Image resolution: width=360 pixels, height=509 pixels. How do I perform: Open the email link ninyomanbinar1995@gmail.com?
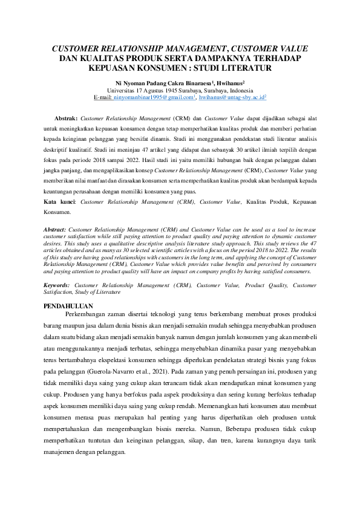pyautogui.click(x=154, y=97)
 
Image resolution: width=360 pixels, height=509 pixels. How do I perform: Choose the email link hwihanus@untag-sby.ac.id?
pyautogui.click(x=232, y=97)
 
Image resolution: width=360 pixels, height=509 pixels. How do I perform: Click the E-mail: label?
pyautogui.click(x=103, y=97)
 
